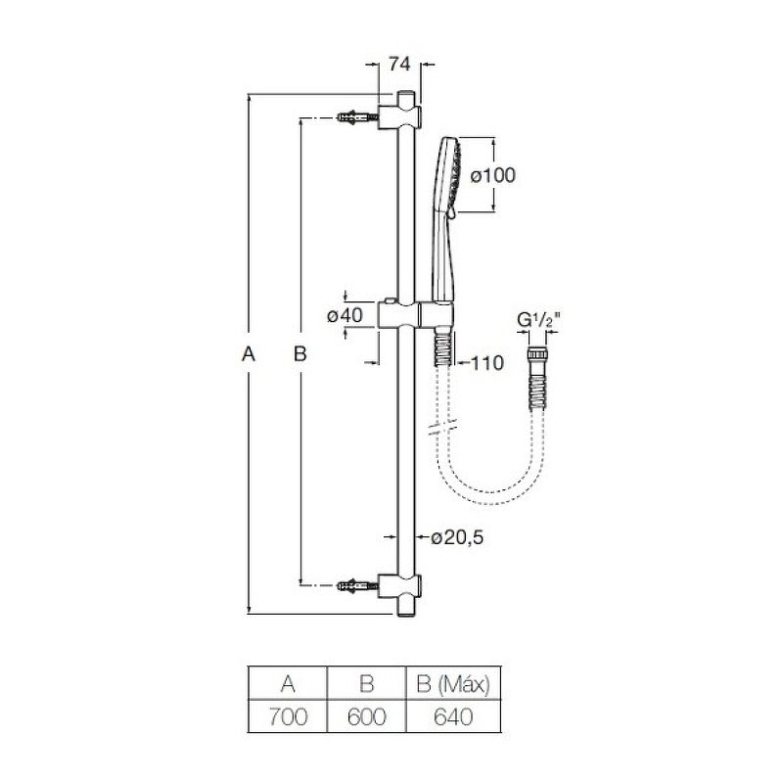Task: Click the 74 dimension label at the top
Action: pyautogui.click(x=399, y=64)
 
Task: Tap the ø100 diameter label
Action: pyautogui.click(x=493, y=175)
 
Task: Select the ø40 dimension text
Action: pyautogui.click(x=345, y=315)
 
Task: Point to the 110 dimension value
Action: pyautogui.click(x=487, y=363)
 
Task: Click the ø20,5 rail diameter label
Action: pyautogui.click(x=457, y=537)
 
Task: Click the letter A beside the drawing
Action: pyautogui.click(x=249, y=354)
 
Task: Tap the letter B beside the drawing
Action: pyautogui.click(x=300, y=354)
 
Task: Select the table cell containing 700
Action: pyautogui.click(x=288, y=716)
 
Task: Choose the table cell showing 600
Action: pyautogui.click(x=366, y=716)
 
